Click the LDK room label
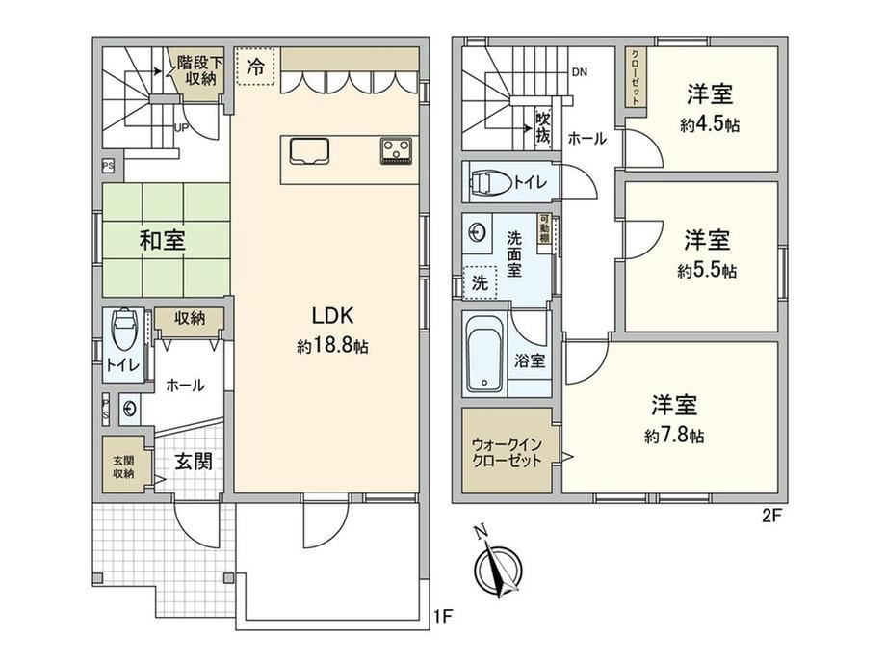pos(333,315)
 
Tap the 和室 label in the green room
pos(162,240)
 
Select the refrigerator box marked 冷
pos(255,66)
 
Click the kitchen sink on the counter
pos(310,151)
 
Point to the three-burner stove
pos(396,151)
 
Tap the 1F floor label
pos(444,616)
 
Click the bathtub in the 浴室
pos(484,353)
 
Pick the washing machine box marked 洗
pos(480,282)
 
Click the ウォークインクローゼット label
pos(507,452)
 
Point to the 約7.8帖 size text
pos(674,436)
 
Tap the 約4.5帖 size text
pos(709,124)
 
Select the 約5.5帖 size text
pos(707,270)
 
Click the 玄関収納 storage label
pos(123,467)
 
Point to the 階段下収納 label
pos(200,70)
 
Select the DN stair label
pos(579,72)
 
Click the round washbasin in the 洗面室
pos(478,232)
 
